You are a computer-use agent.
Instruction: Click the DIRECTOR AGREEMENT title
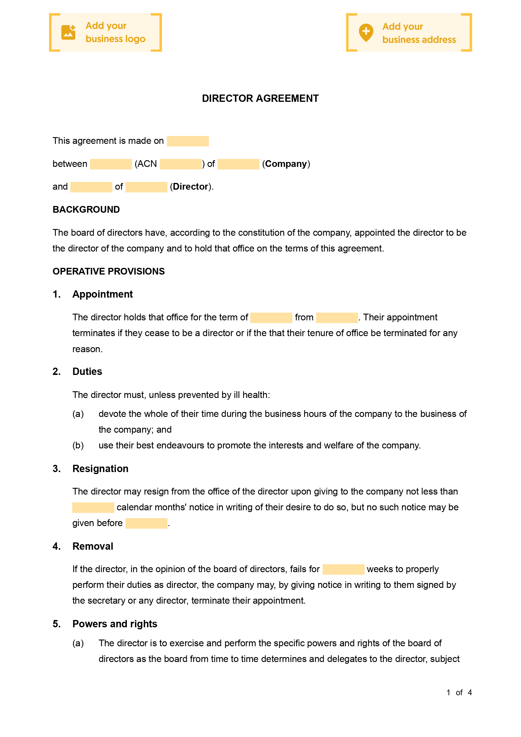tap(260, 98)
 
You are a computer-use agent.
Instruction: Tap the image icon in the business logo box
tap(68, 32)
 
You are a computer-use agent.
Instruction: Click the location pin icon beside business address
tap(366, 32)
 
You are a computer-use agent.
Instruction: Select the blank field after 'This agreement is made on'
tap(188, 141)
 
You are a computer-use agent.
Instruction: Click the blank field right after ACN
tap(180, 164)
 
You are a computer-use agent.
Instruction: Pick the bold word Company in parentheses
tap(286, 164)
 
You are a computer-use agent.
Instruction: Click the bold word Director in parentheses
tap(191, 187)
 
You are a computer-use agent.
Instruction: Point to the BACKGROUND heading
tap(86, 209)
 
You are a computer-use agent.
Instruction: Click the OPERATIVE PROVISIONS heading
tap(109, 271)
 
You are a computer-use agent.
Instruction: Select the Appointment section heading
tap(102, 294)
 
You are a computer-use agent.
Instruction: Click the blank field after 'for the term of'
tap(271, 317)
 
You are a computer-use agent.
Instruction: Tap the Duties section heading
tap(87, 371)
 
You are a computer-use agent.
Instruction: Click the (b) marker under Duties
tap(78, 445)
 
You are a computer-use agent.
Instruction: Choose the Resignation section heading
tap(100, 469)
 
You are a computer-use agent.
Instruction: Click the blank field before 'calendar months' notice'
tap(93, 507)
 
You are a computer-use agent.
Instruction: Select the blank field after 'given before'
tap(146, 523)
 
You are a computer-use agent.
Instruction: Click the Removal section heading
tap(93, 546)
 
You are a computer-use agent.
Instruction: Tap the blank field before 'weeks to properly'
tap(343, 569)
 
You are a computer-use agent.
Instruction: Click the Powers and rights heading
tap(115, 624)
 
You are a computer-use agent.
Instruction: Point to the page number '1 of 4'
tap(459, 692)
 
